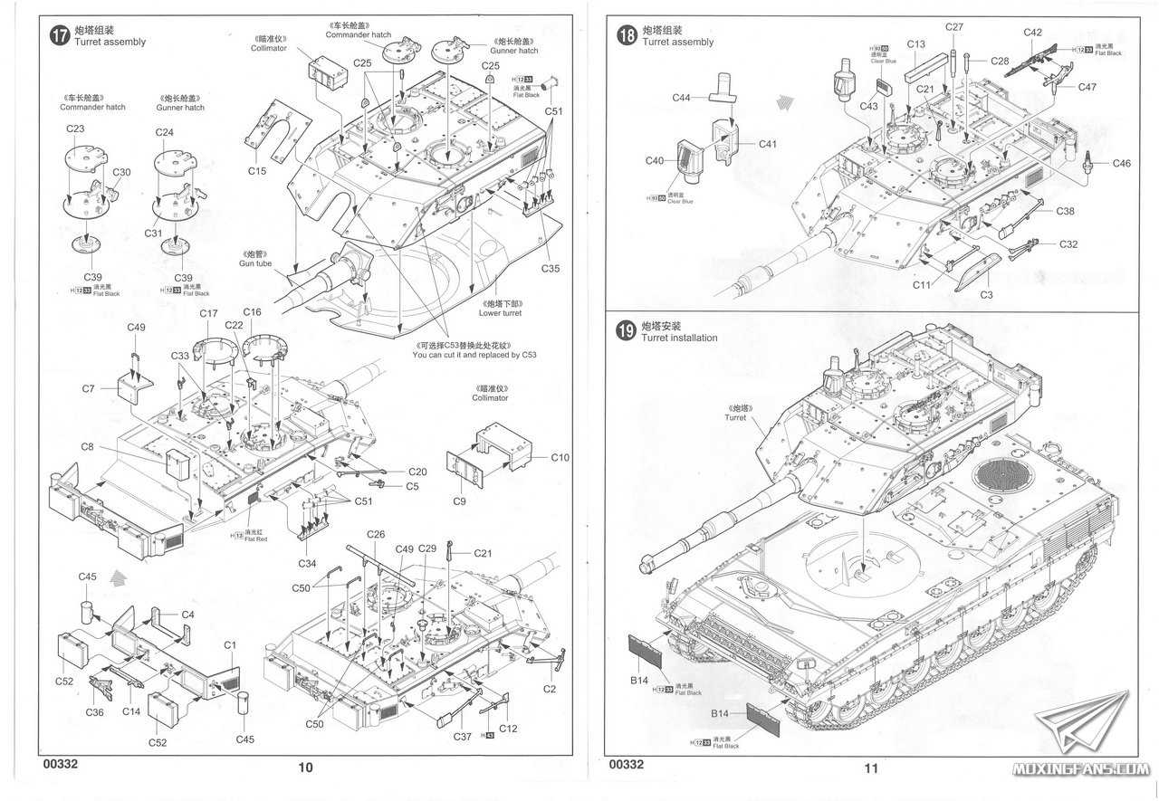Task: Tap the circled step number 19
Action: [625, 331]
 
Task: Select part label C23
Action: [75, 129]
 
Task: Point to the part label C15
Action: [256, 170]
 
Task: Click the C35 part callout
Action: [551, 268]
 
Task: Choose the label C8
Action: [88, 446]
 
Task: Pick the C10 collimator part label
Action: [560, 458]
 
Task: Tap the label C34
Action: [307, 563]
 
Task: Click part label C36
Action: [94, 711]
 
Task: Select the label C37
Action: [462, 736]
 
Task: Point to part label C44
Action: [682, 97]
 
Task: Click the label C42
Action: [1033, 33]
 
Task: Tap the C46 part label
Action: [1122, 163]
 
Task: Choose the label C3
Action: [986, 295]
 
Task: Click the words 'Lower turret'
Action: [503, 313]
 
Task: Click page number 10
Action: [305, 768]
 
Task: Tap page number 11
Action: [871, 768]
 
